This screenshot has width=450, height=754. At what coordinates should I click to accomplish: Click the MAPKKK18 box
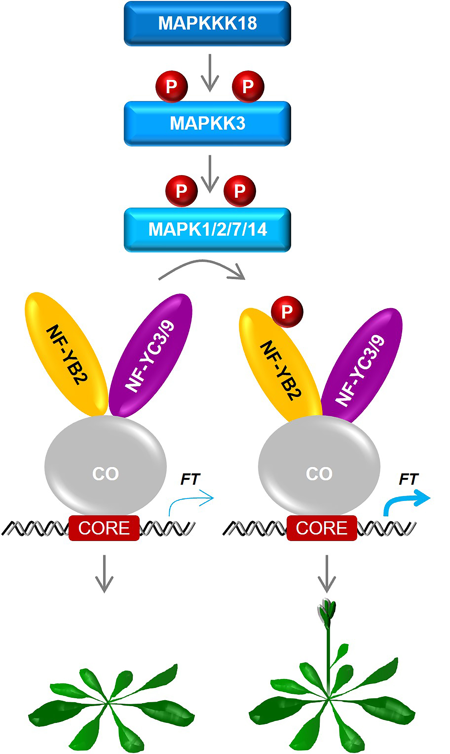click(x=207, y=23)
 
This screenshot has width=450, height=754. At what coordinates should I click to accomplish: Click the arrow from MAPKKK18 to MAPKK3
click(x=210, y=73)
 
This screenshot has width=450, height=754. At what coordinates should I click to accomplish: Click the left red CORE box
click(x=104, y=528)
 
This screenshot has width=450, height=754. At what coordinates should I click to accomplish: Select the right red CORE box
click(x=321, y=528)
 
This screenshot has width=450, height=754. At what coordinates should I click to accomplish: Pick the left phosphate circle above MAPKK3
click(x=172, y=87)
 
